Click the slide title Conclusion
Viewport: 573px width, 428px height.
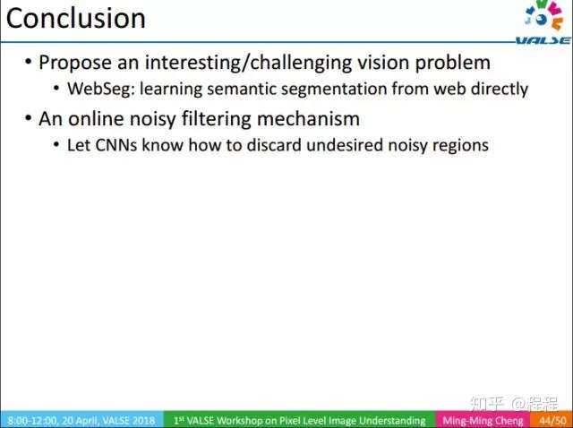tap(76, 18)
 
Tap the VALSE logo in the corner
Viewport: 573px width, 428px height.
tap(544, 21)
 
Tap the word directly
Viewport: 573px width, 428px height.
tap(500, 89)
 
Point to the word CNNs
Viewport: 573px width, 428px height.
tap(116, 145)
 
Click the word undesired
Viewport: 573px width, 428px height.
tap(345, 145)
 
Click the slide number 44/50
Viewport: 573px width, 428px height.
tap(552, 420)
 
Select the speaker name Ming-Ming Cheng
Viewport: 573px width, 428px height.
tap(483, 420)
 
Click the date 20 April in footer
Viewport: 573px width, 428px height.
tap(80, 420)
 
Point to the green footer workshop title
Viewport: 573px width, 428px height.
tap(300, 420)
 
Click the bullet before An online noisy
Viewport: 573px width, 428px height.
tap(28, 118)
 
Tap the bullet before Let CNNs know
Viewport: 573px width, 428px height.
tap(56, 145)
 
